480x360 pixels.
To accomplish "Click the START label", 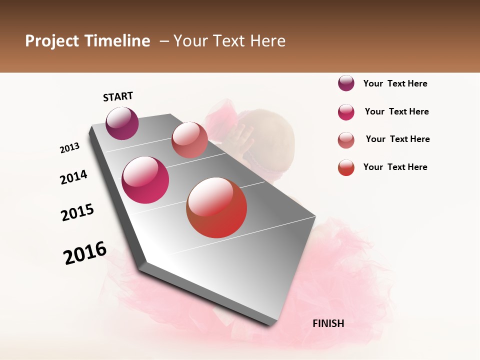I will (x=118, y=96).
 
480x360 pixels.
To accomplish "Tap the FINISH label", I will (x=328, y=323).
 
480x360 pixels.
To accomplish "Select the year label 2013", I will (x=70, y=148).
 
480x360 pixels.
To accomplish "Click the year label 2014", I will (x=74, y=177).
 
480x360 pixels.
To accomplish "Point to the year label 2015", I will (x=77, y=212).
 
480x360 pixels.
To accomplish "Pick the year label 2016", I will (x=85, y=253).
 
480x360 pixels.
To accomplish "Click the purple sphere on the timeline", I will (x=122, y=123).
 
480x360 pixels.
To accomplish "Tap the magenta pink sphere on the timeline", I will (x=145, y=180).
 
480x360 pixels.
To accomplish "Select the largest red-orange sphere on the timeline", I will (x=216, y=207).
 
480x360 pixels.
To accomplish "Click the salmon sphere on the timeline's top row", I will (x=189, y=140).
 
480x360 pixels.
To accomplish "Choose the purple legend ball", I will (x=346, y=83).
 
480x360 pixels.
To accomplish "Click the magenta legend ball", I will (x=346, y=112).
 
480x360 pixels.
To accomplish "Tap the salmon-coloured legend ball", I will (x=346, y=140).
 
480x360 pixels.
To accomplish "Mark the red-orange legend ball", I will (x=346, y=167).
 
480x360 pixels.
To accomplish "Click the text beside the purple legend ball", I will (x=395, y=84).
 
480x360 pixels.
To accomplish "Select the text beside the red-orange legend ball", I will (x=395, y=167).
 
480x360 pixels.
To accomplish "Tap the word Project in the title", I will (x=51, y=41).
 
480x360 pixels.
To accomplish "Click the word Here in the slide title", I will (x=267, y=41).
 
